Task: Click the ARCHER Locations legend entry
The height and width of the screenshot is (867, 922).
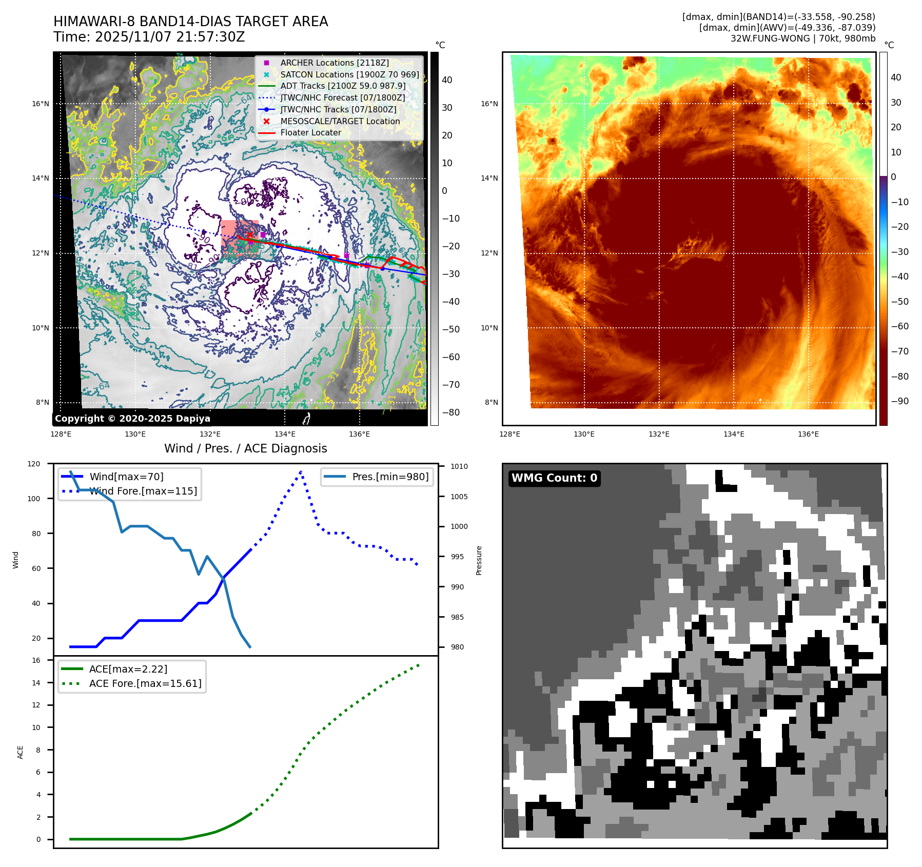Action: coord(334,63)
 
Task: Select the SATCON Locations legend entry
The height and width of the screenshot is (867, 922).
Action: coord(349,74)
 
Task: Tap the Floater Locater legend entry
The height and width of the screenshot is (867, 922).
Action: coord(310,132)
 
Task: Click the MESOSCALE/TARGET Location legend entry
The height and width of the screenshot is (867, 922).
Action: coord(340,121)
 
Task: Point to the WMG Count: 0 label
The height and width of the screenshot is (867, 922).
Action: coord(554,478)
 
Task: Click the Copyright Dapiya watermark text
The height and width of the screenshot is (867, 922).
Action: coord(132,419)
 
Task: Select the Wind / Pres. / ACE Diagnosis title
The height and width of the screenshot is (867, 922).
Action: coord(245,448)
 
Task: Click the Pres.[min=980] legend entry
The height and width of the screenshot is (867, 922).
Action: coord(390,477)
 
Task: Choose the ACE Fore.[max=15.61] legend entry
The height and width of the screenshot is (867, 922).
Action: coord(145,683)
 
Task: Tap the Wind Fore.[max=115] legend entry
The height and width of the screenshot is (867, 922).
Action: coord(143,491)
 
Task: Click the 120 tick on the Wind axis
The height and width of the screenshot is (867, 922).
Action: coord(34,464)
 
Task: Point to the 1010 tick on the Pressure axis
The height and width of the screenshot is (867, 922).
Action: coord(459,466)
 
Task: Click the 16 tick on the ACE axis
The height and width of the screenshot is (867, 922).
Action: coord(36,660)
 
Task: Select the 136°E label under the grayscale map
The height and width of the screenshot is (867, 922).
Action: coord(359,434)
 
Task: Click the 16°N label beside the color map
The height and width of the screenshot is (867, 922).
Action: coord(489,104)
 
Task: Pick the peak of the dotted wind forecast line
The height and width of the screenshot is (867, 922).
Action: coord(301,471)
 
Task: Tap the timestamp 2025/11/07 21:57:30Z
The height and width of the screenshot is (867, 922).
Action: coord(170,37)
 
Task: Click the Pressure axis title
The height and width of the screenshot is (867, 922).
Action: coord(479,560)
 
